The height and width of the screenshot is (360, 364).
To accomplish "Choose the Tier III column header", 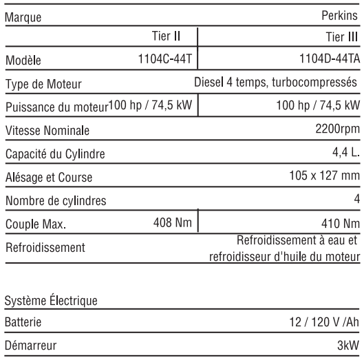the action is pyautogui.click(x=340, y=36).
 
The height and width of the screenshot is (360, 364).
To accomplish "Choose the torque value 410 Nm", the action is pyautogui.click(x=339, y=223).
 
